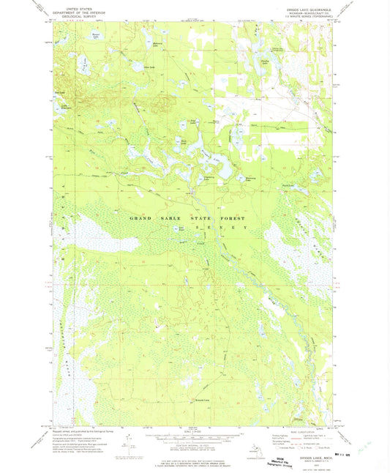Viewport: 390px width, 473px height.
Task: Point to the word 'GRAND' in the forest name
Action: [142, 219]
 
